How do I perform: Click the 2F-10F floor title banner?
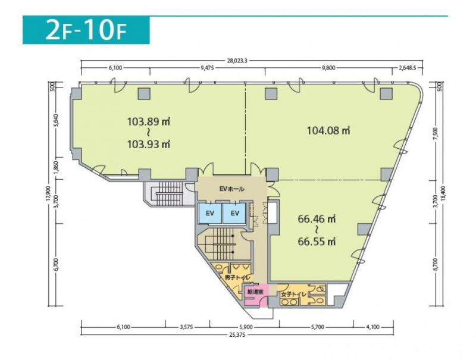click(x=86, y=30)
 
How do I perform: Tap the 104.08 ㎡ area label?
click(x=328, y=130)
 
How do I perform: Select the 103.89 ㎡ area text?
click(x=148, y=122)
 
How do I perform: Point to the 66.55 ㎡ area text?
click(x=317, y=242)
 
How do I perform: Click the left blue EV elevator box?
click(x=210, y=213)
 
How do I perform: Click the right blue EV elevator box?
click(x=234, y=213)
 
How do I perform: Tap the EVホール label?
click(x=231, y=189)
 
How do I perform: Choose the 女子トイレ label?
click(x=293, y=294)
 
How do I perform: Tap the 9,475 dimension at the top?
click(x=207, y=68)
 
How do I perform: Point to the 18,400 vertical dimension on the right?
click(x=444, y=193)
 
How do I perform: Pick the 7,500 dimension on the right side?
click(x=436, y=133)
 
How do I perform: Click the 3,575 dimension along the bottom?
click(x=186, y=327)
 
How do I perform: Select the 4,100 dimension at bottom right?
click(x=373, y=327)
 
